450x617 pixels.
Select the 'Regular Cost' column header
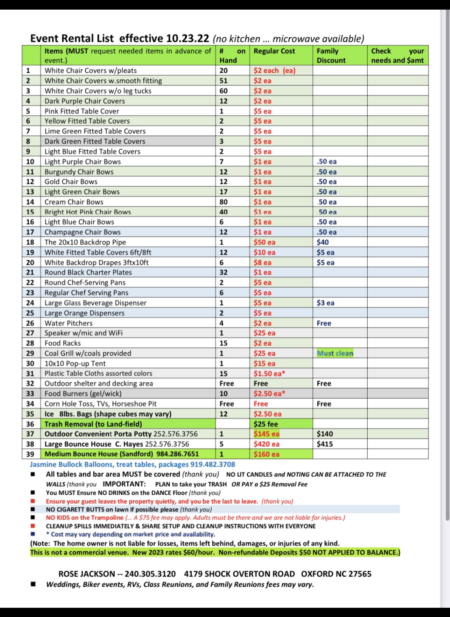click(274, 51)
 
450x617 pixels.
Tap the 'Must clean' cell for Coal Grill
click(335, 353)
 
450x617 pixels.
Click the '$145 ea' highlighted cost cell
click(266, 434)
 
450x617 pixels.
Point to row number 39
click(30, 454)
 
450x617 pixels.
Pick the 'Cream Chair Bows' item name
click(74, 202)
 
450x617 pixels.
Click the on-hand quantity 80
click(223, 202)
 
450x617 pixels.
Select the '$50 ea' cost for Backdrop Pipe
click(264, 242)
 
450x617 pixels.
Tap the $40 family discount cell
click(323, 242)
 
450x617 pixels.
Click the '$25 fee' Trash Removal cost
click(265, 424)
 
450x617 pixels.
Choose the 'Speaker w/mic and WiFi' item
click(83, 333)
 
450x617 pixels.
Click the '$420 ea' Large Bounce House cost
click(266, 444)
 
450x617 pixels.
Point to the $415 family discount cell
click(325, 444)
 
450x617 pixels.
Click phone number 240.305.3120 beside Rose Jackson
click(150, 574)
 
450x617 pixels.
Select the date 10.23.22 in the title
click(187, 38)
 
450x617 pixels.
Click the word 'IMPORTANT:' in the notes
click(124, 484)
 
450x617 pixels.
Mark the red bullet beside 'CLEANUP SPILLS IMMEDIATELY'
click(33, 526)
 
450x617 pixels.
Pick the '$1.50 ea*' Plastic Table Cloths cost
click(269, 374)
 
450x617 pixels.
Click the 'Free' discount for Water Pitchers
click(324, 323)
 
